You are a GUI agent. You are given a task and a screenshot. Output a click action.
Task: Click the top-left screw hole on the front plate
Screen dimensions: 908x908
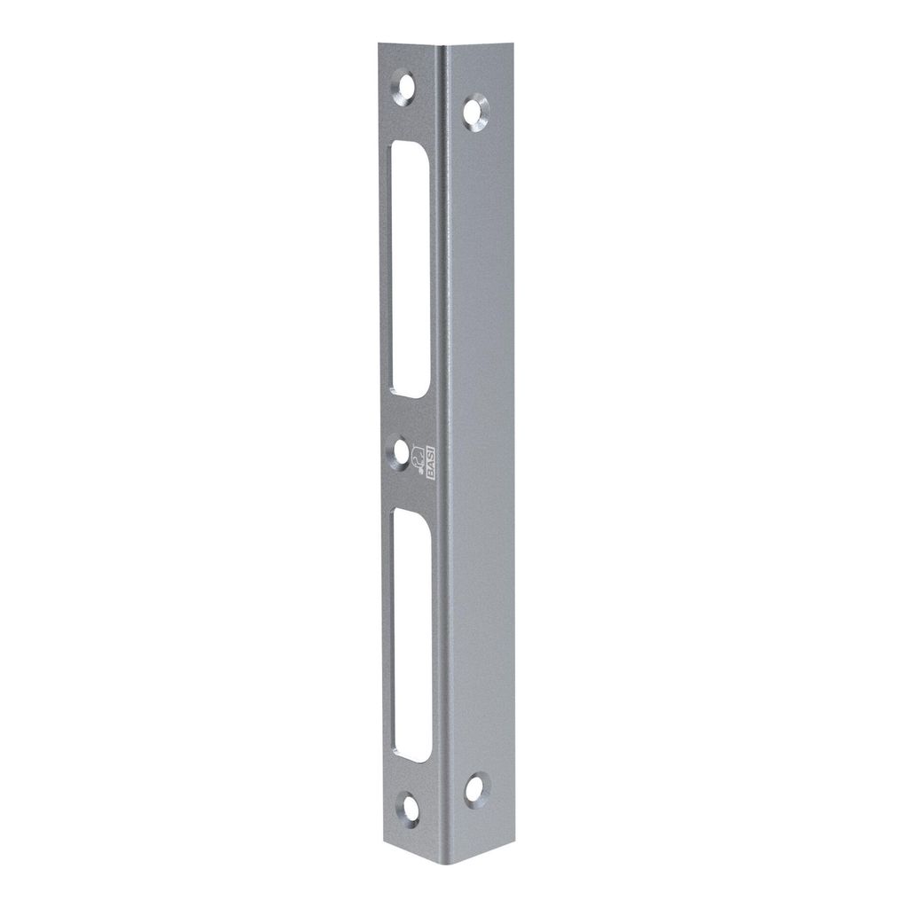click(403, 88)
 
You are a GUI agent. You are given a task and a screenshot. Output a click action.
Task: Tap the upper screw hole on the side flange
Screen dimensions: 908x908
click(475, 112)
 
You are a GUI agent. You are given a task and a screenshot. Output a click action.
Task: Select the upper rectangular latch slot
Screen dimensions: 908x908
click(410, 270)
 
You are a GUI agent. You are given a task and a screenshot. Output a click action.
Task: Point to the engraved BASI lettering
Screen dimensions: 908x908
click(431, 462)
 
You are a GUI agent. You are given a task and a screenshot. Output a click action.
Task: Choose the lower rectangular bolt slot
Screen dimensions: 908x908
click(411, 635)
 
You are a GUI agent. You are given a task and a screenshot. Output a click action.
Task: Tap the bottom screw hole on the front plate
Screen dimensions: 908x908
click(410, 809)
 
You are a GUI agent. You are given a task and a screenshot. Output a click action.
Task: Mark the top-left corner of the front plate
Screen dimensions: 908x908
click(379, 43)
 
